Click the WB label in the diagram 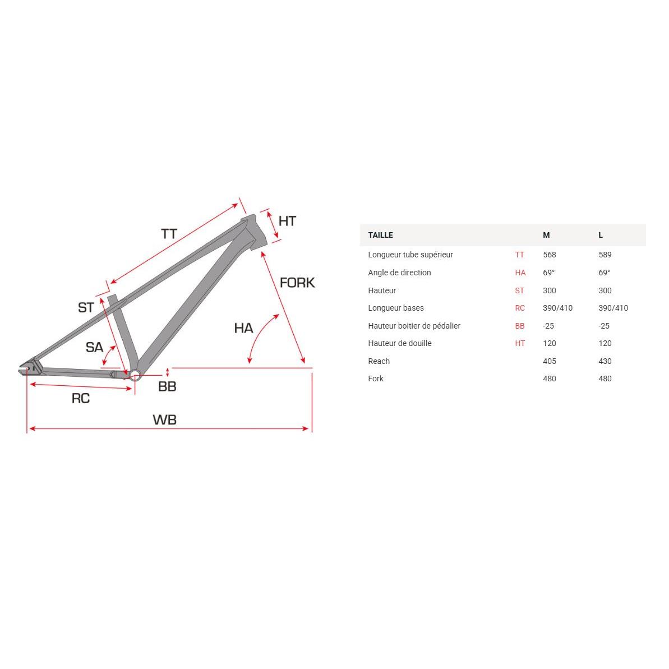(164, 419)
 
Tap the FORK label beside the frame (297, 283)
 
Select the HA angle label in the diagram (243, 328)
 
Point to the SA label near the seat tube (94, 347)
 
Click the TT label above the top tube (169, 234)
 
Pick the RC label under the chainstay (80, 398)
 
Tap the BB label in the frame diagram (167, 386)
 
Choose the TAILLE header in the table (380, 235)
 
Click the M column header (546, 235)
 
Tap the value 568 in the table (550, 255)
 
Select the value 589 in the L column (605, 255)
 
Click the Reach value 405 (550, 361)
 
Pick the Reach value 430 (605, 361)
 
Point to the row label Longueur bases (396, 308)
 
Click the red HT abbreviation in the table (520, 343)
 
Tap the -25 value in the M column (548, 326)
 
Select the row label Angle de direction (399, 273)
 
